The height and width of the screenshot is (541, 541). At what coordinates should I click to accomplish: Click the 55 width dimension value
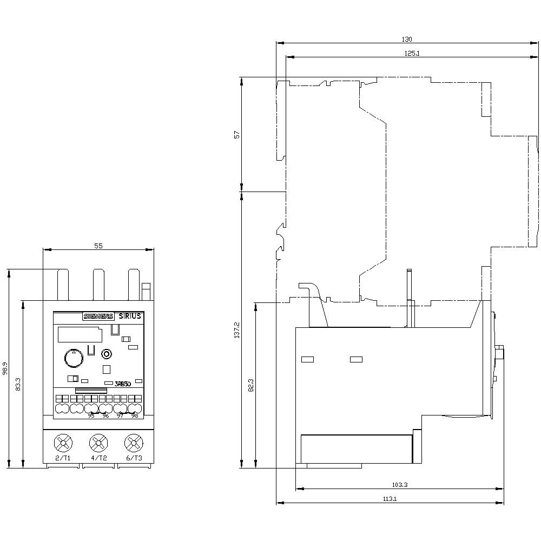click(98, 246)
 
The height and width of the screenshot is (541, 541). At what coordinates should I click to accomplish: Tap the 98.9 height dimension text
click(5, 369)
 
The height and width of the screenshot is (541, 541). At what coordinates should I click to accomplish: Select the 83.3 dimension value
click(18, 384)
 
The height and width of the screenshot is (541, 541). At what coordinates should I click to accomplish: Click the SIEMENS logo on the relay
click(97, 317)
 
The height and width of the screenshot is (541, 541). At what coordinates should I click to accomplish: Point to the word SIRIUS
click(129, 316)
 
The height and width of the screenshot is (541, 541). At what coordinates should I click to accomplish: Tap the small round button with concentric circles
click(107, 354)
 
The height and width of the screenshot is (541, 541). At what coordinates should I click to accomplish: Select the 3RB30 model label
click(123, 384)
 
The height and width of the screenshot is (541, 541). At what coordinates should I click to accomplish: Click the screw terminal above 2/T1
click(63, 444)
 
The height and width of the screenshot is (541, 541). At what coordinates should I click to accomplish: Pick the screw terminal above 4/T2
click(98, 444)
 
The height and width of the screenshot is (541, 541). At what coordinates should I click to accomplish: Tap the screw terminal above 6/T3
click(133, 444)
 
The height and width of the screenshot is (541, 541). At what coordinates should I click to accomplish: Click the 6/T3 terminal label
click(134, 458)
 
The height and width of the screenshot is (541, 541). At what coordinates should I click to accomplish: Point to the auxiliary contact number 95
click(91, 415)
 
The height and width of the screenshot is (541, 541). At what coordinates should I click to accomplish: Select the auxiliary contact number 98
click(134, 415)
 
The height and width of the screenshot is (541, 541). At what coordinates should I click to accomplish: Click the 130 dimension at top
click(407, 39)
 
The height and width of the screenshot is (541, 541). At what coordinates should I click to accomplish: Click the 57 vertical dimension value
click(236, 134)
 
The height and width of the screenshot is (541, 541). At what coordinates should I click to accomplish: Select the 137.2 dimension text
click(236, 330)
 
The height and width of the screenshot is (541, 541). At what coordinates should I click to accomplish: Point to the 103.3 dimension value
click(399, 485)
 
